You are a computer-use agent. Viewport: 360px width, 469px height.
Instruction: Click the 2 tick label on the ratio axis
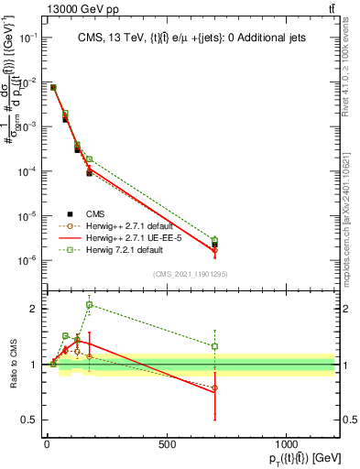click(32, 309)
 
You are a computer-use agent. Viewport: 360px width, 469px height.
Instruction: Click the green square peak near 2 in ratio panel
click(89, 305)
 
